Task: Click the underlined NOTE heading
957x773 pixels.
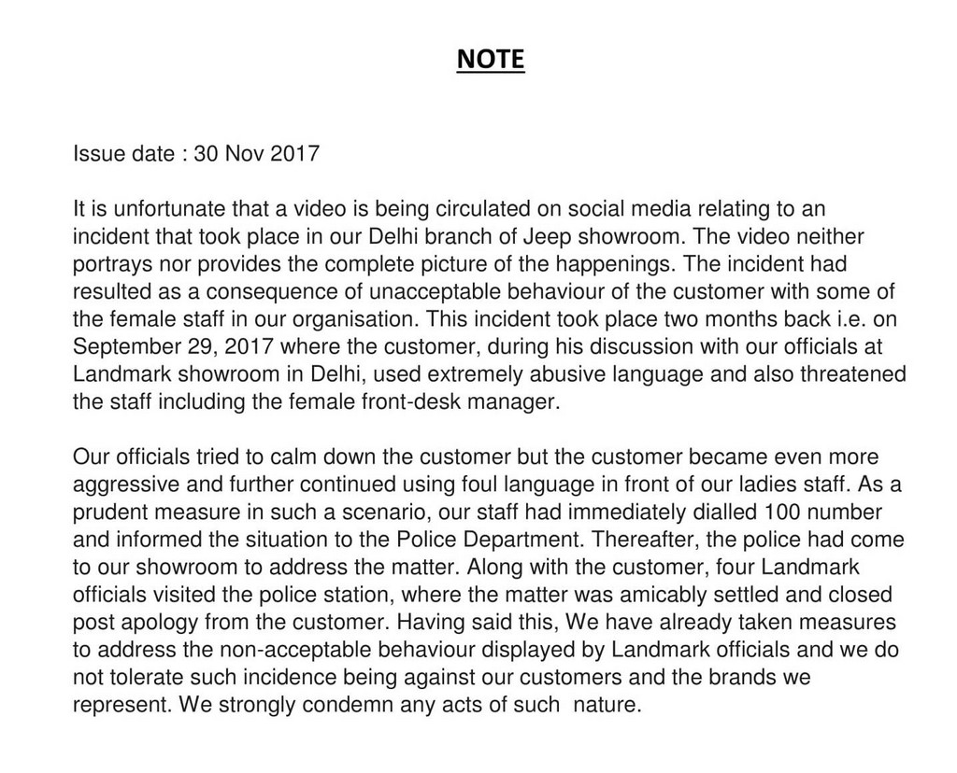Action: (x=491, y=61)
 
